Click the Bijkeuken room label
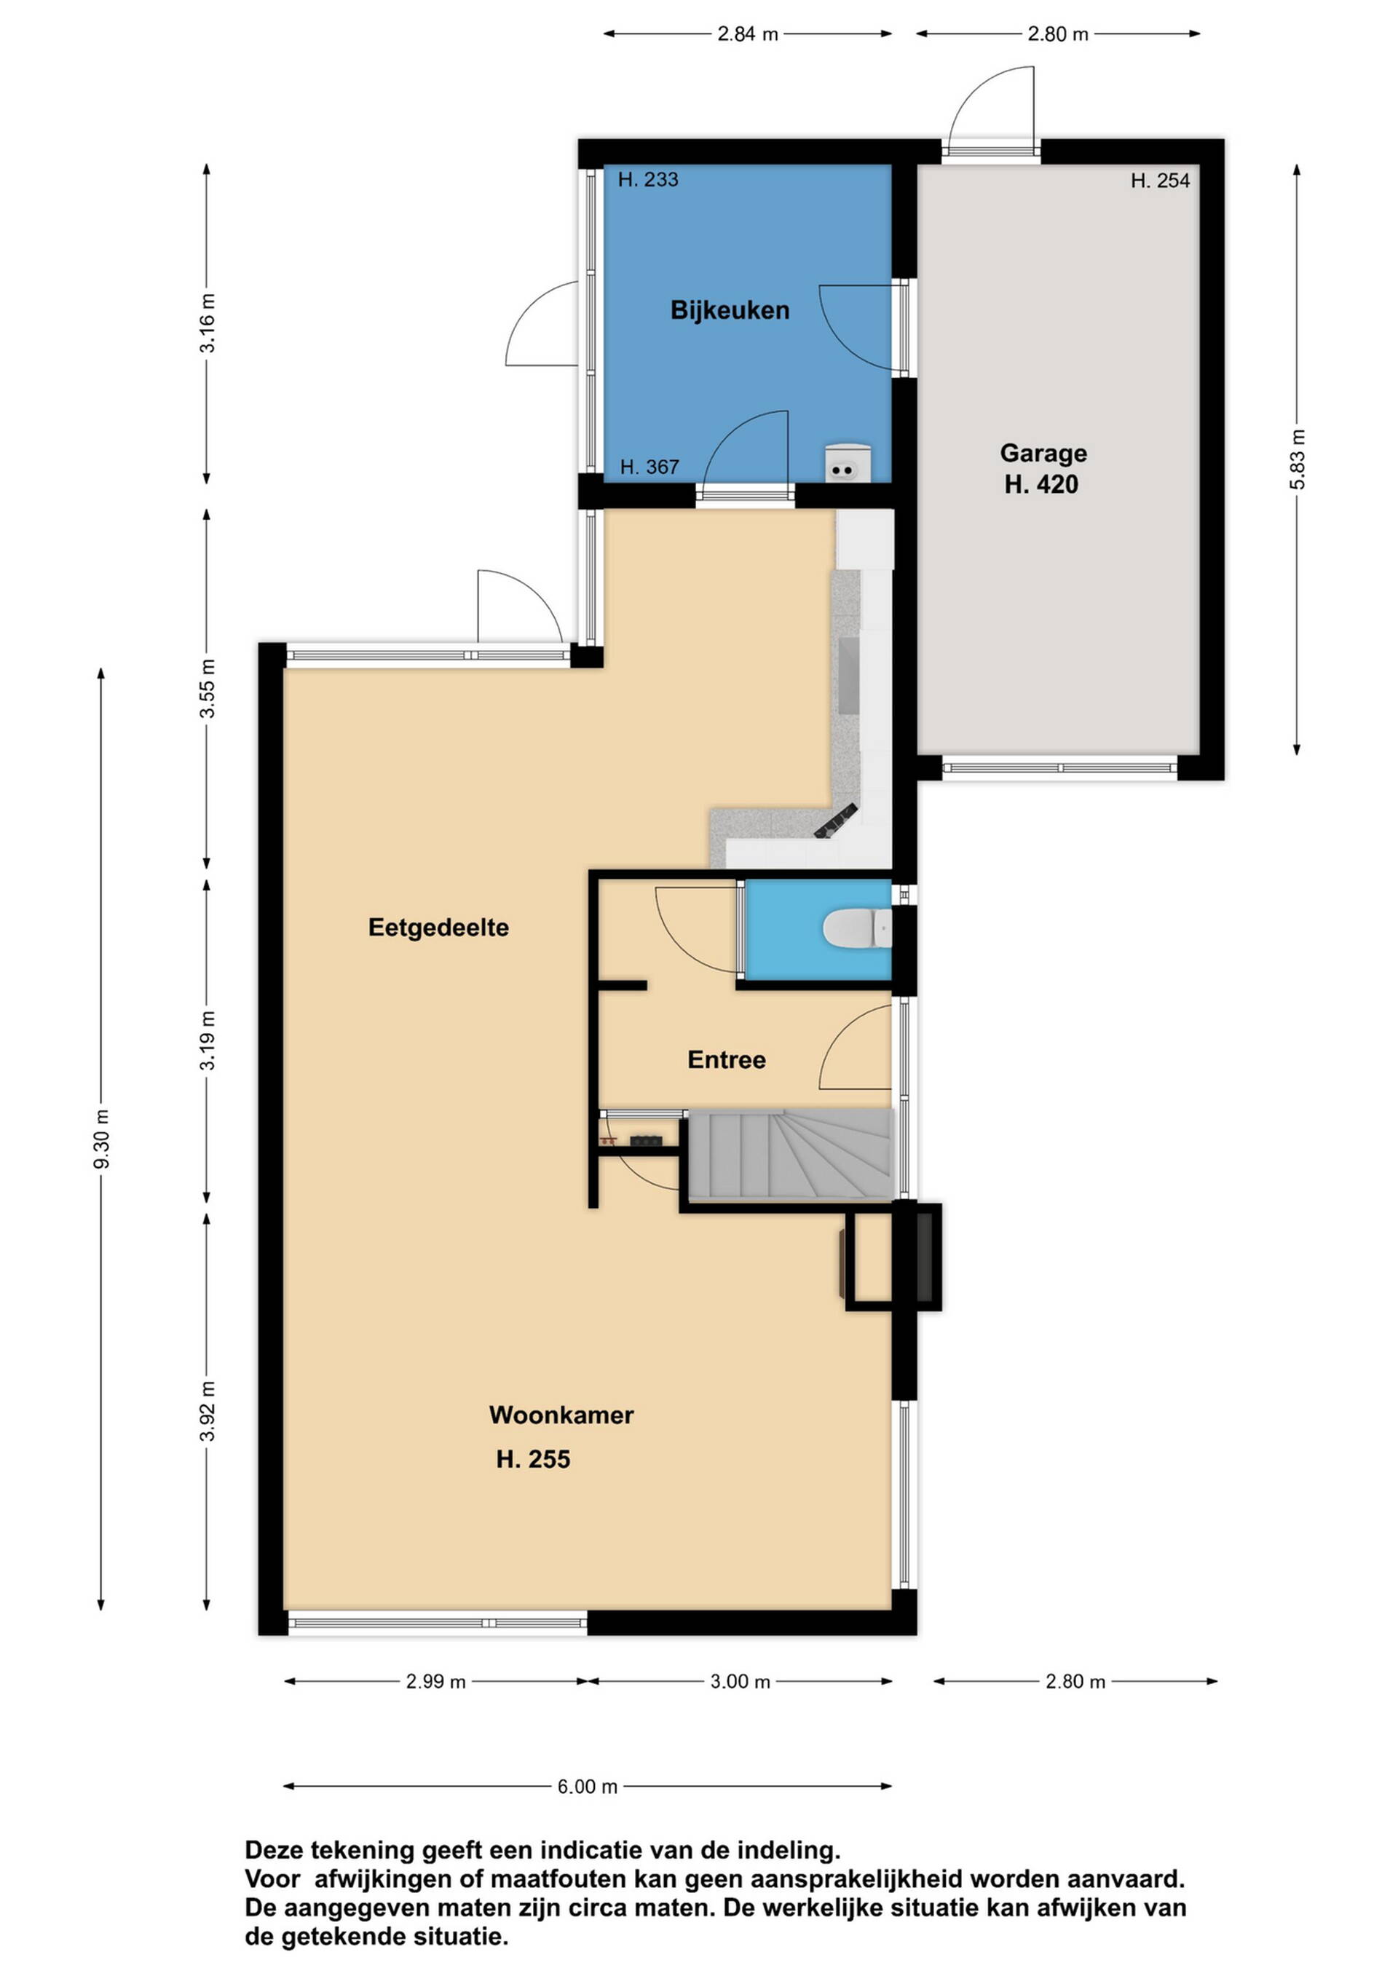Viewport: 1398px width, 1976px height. [730, 311]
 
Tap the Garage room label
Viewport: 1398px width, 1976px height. [1043, 453]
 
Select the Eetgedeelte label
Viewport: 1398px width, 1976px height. [438, 928]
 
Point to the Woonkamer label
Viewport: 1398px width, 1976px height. [561, 1415]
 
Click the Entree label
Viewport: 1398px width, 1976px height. [727, 1059]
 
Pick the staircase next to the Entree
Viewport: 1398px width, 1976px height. [790, 1154]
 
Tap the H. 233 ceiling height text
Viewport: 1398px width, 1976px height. [648, 180]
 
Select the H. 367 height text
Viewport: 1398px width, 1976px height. [650, 467]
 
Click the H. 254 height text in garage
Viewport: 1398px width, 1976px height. [1161, 181]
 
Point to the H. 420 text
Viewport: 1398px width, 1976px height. [1042, 484]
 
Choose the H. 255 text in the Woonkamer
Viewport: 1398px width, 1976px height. [533, 1460]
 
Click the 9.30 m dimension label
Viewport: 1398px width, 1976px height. [102, 1139]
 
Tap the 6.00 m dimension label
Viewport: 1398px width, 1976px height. [587, 1787]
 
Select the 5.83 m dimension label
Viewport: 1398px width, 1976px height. [1298, 459]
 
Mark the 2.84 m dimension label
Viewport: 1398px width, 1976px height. [747, 34]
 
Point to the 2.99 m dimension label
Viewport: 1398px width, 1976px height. [435, 1682]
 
